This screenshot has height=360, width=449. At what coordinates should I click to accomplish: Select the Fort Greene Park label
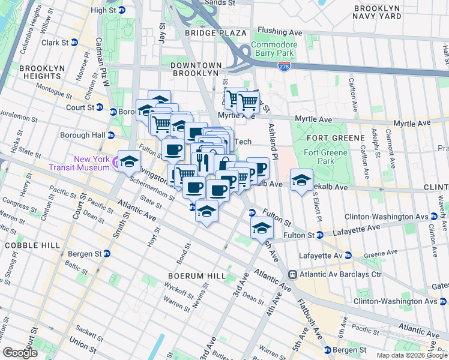click(336, 157)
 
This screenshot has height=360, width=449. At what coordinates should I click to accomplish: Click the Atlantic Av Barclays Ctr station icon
click(292, 274)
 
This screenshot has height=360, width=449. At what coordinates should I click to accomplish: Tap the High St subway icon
click(122, 10)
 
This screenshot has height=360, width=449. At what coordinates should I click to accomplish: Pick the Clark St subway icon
click(74, 43)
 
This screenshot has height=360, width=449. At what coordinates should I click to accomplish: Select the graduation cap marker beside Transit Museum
click(128, 161)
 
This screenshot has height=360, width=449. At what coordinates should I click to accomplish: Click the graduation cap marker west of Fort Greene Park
click(301, 180)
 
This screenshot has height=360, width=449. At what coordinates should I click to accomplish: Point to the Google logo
click(20, 352)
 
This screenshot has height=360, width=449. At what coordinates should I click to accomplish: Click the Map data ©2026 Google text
click(412, 355)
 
